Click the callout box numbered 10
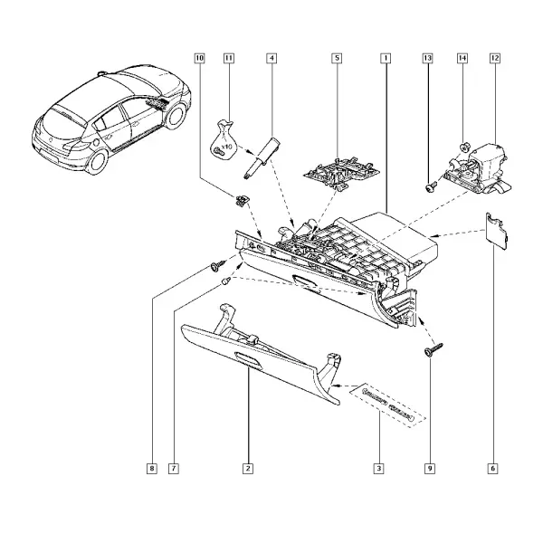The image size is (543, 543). [x=199, y=58]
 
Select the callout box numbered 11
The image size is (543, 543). [x=229, y=58]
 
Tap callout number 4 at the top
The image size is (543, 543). [x=271, y=58]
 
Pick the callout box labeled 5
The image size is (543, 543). [x=337, y=58]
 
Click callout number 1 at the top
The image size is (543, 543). [x=386, y=58]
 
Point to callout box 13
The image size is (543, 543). [x=428, y=58]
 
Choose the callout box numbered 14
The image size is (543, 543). [x=462, y=58]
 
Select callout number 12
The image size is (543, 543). [x=495, y=58]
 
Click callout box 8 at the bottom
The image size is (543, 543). [x=152, y=469]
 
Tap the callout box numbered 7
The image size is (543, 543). [x=174, y=469]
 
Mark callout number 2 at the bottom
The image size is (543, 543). [x=248, y=469]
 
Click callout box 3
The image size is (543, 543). [x=378, y=469]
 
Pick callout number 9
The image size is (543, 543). [x=430, y=469]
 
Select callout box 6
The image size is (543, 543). [x=492, y=469]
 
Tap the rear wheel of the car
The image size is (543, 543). [x=96, y=162]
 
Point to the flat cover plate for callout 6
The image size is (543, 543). [x=497, y=230]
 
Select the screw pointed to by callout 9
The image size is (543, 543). [x=433, y=349]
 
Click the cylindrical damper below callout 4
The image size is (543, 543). [x=262, y=158]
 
